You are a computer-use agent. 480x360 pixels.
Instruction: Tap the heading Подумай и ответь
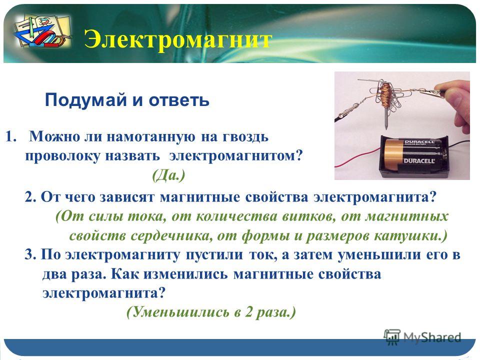click(127, 100)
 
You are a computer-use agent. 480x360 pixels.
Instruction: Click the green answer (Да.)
click(168, 175)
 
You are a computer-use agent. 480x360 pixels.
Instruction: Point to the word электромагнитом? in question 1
click(235, 155)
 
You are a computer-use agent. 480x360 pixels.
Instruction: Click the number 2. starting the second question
click(30, 197)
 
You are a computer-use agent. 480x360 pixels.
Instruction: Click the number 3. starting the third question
click(30, 254)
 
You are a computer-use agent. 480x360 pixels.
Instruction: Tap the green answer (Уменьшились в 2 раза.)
click(211, 312)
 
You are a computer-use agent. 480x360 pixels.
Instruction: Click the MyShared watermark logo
click(422, 337)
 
